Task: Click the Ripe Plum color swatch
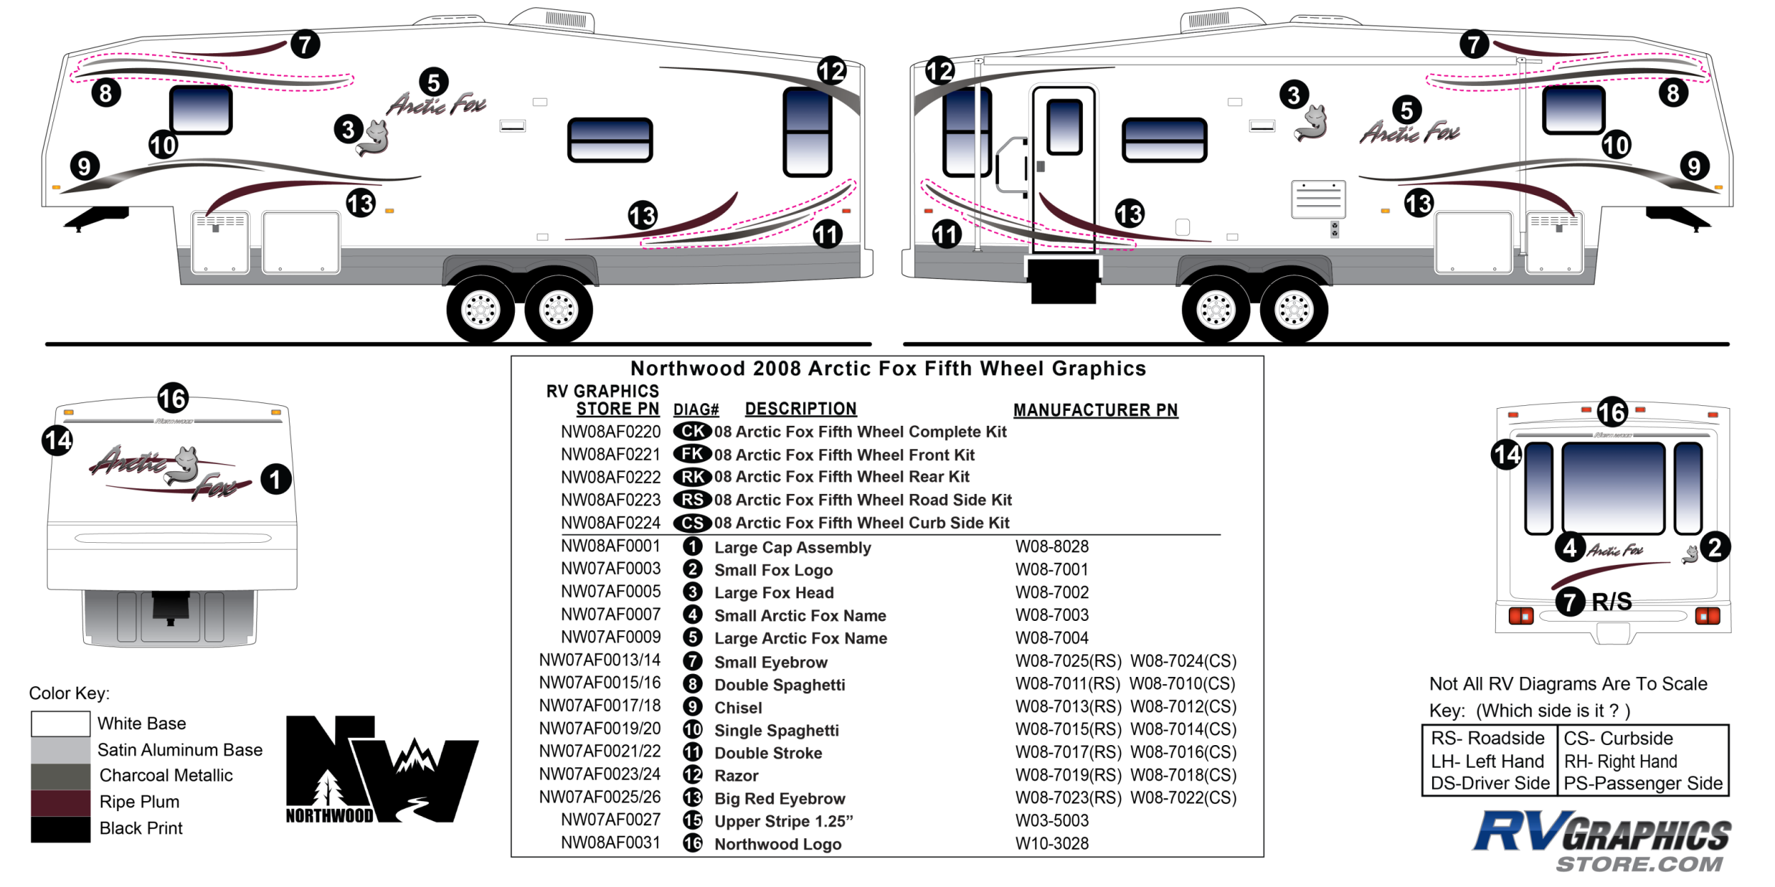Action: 60,803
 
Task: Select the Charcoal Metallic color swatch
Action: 60,776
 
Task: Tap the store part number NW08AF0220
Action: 611,431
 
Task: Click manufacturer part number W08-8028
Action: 1052,546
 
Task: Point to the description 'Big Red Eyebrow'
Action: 780,798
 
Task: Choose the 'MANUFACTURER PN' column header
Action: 1095,410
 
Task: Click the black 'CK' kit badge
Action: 692,431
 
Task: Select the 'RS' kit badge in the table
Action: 692,500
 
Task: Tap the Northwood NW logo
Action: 381,770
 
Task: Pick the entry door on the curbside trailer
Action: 1064,170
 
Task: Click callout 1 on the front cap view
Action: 275,480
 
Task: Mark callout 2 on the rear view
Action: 1715,547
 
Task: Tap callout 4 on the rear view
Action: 1570,547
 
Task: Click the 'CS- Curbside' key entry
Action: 1618,738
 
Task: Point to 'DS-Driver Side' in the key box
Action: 1490,783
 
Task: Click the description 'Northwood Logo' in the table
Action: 777,844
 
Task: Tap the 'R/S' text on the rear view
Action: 1612,602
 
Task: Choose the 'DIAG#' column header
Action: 696,410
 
